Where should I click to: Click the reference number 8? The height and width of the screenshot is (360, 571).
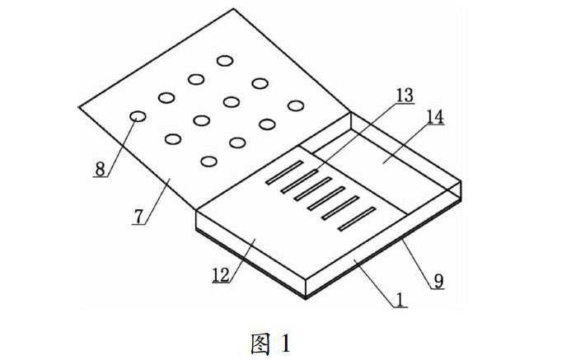(x=100, y=169)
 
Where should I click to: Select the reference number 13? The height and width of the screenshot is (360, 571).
(x=404, y=96)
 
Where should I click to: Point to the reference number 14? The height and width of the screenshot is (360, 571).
(x=434, y=118)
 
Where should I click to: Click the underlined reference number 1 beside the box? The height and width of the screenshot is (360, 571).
(x=400, y=301)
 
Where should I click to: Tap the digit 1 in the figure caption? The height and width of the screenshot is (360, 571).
(x=286, y=343)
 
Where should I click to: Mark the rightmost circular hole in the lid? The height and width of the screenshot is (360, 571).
(x=296, y=105)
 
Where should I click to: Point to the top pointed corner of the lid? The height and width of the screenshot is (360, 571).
(x=235, y=9)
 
